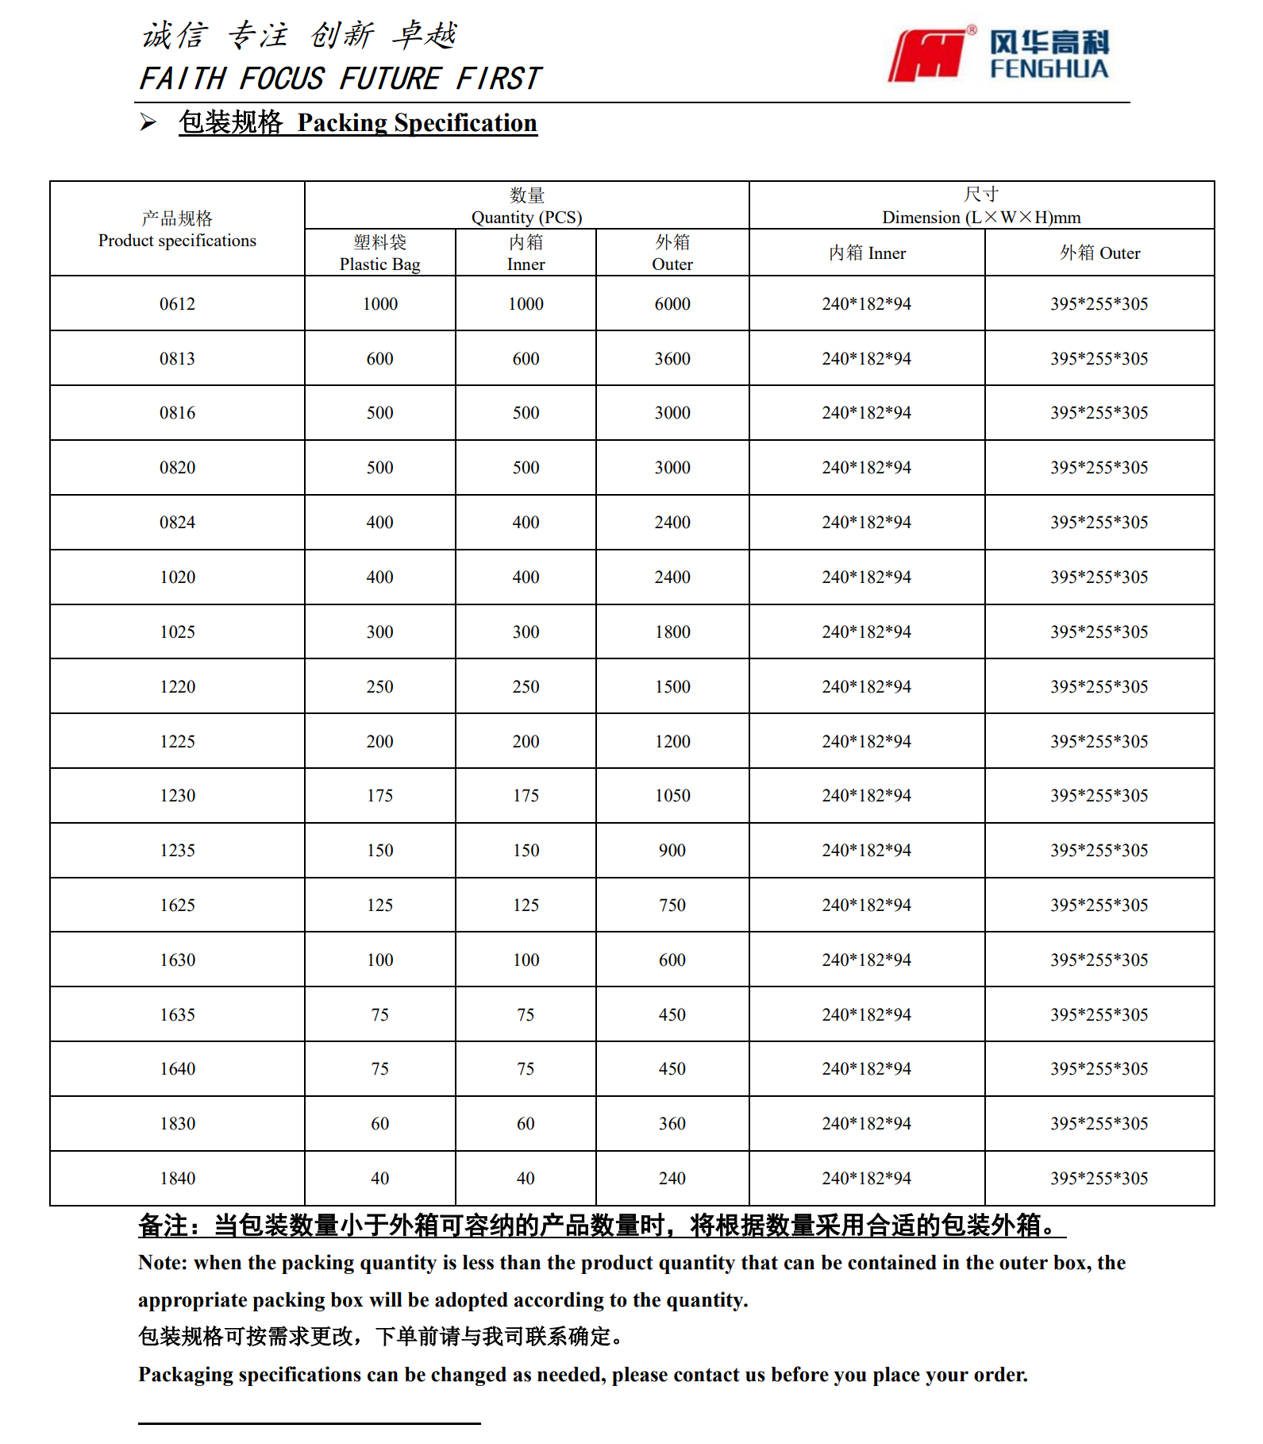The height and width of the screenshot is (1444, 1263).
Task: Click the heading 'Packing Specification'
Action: tap(417, 123)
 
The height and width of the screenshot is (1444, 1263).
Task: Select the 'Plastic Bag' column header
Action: tap(379, 253)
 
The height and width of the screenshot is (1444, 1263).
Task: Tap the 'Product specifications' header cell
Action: tap(177, 230)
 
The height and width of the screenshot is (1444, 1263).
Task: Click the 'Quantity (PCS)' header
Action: tap(526, 207)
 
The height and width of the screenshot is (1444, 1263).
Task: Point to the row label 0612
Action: tap(177, 304)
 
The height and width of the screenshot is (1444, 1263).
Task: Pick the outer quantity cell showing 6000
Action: tap(672, 304)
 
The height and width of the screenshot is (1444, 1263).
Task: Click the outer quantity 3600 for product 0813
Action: tap(672, 359)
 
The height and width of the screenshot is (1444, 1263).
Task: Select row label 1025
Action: tap(177, 632)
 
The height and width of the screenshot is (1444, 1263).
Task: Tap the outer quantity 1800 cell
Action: tap(672, 632)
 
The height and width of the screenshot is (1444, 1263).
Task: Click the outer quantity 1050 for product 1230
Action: tap(672, 796)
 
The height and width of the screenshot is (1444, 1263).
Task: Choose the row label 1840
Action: tap(177, 1179)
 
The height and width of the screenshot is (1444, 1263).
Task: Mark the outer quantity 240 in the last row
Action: tap(672, 1179)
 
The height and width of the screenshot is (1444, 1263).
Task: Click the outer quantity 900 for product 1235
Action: tap(672, 851)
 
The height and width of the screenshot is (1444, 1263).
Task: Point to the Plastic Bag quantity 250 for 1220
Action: tap(379, 687)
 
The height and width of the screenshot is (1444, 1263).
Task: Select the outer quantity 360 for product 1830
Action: tap(672, 1124)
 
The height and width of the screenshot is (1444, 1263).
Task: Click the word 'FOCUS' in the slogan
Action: tap(282, 79)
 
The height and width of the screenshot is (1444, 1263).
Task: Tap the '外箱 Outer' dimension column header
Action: tap(1099, 253)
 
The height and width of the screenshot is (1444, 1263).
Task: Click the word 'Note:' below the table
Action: tap(163, 1263)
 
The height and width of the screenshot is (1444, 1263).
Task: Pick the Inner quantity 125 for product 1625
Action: tap(526, 905)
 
